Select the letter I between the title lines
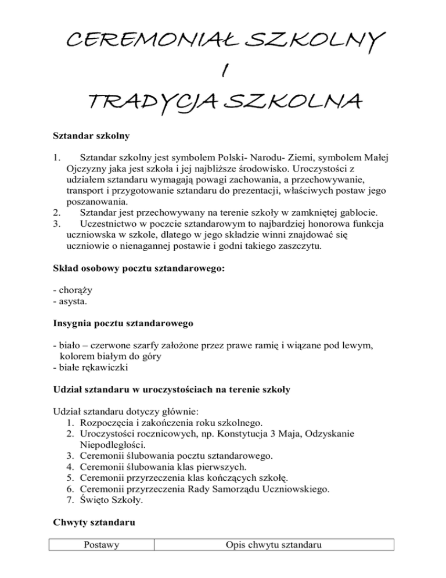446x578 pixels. click(223, 72)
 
